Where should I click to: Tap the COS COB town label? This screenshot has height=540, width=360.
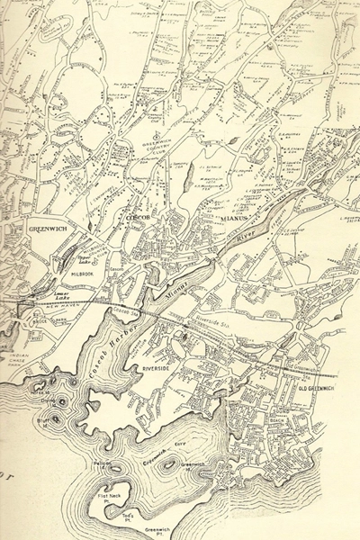132,219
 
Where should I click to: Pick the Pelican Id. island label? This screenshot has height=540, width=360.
101,462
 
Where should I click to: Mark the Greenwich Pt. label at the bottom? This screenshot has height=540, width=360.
158,532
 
